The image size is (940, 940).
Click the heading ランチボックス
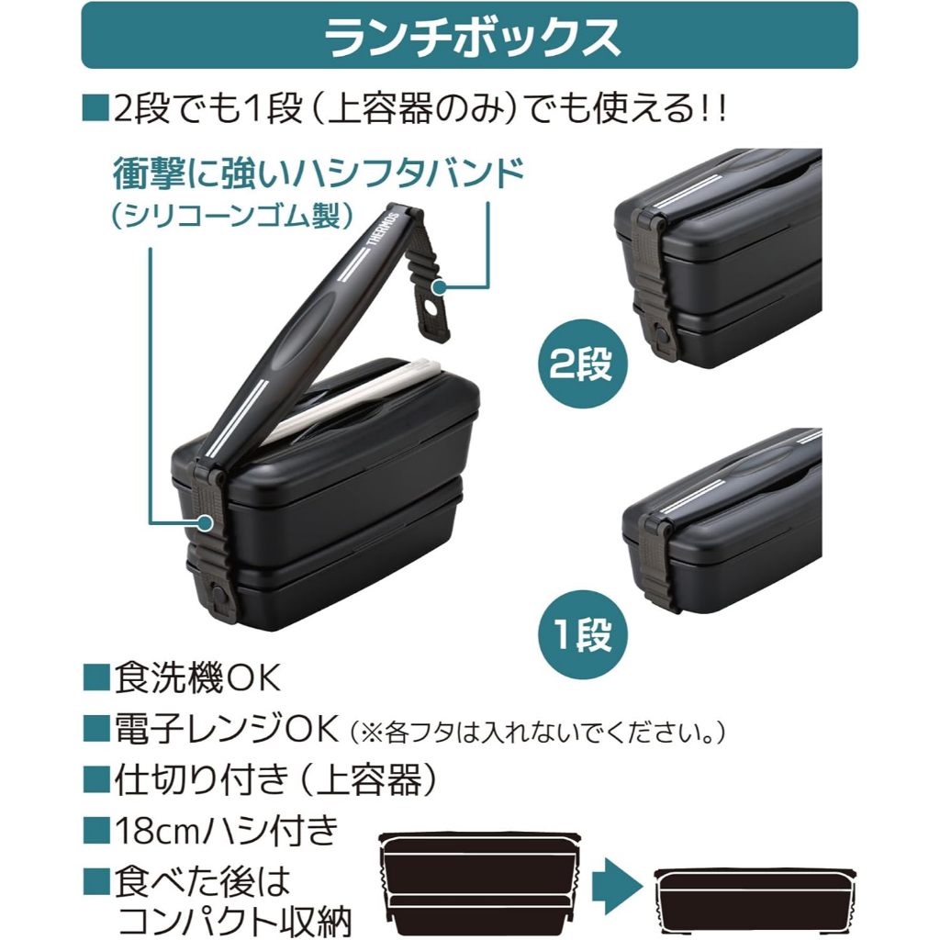pos(470,37)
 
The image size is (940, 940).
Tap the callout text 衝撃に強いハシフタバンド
pos(318,173)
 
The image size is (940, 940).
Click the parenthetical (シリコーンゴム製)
pos(230,217)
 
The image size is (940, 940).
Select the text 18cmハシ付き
pos(226,832)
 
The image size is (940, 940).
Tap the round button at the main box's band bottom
pos(220,597)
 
